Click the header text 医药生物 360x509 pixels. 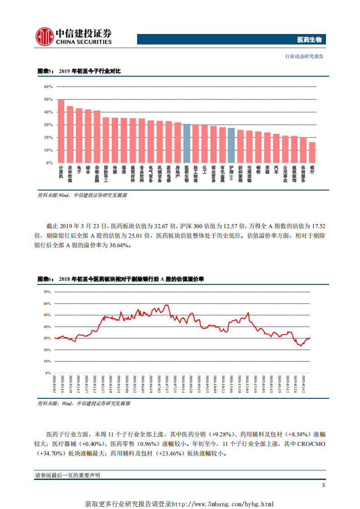point(309,40)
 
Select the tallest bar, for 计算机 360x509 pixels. point(61,131)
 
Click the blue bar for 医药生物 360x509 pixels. point(187,143)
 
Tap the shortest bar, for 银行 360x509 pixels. point(312,152)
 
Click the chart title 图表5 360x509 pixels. point(45,72)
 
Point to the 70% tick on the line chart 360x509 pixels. point(47,292)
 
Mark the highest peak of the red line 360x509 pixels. point(167,305)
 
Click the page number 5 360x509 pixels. point(323,485)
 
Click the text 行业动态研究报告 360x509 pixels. point(304,56)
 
